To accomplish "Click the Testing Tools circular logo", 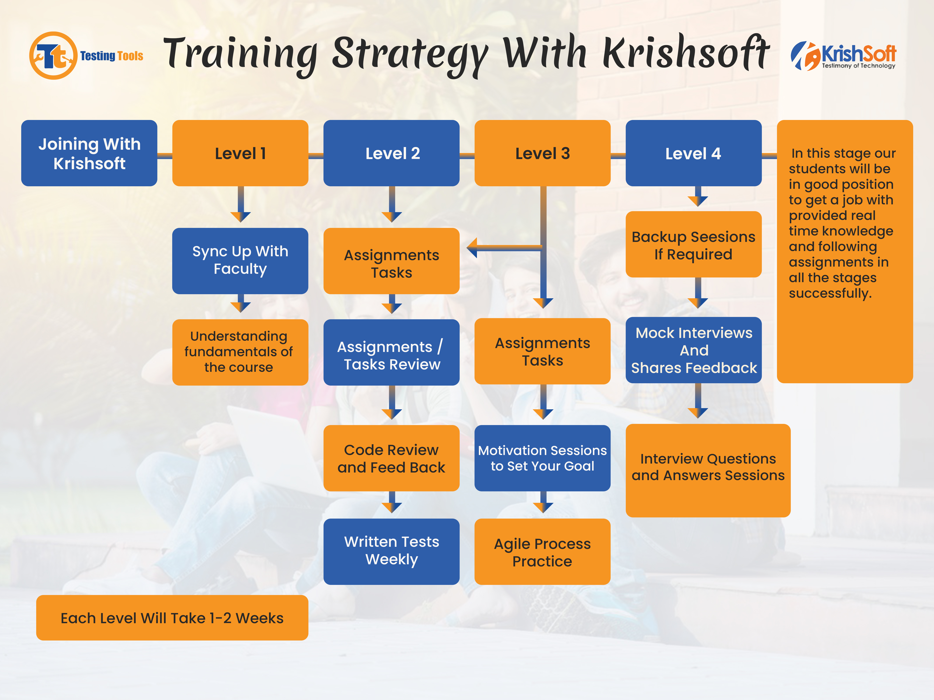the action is coord(53,55).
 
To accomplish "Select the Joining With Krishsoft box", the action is coord(89,153).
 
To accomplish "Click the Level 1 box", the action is coord(240,153).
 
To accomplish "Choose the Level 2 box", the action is coord(392,153).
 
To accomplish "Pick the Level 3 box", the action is coord(542,153).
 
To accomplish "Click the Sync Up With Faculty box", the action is coord(240,261).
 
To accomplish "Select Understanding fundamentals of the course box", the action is coord(240,352).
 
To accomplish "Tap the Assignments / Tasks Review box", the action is coord(392,352).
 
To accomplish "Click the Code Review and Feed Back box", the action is coord(392,458).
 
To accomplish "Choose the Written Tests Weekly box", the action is coord(392,551).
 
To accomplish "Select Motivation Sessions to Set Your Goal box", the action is coord(542,458).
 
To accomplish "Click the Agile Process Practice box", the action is coord(542,551).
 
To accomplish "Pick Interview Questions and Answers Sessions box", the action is coord(708,471).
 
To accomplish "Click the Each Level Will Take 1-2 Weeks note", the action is coord(172,618).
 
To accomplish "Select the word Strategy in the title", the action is coord(410,55).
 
